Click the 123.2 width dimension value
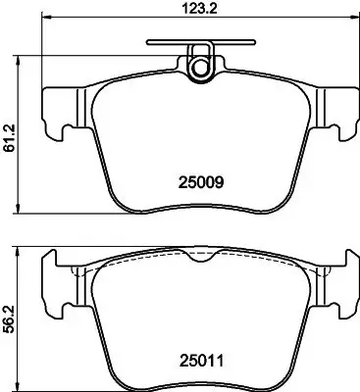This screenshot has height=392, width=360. pos(196,12)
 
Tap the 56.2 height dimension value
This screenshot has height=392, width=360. pos(11,319)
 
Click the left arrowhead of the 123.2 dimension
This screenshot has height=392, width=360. pos(45,24)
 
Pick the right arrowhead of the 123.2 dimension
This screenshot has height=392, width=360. pos(349,24)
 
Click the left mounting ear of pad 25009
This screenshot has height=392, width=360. pos(58,113)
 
